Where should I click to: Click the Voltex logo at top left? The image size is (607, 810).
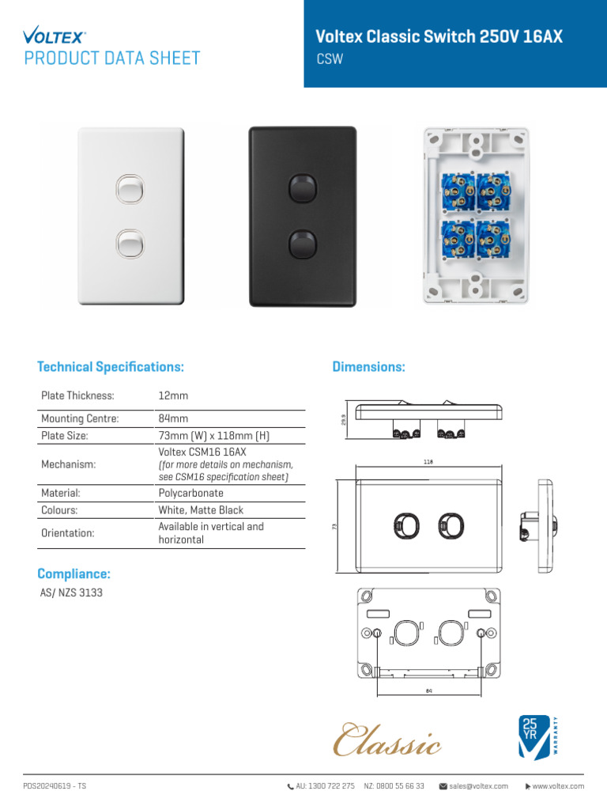coord(55,35)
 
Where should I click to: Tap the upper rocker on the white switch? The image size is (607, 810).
coord(128,189)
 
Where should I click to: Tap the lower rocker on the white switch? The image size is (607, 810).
coord(128,243)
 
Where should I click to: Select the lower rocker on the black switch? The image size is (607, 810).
coord(301,244)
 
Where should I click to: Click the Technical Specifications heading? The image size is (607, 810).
coord(111,367)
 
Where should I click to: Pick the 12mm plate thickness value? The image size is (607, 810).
coord(173,396)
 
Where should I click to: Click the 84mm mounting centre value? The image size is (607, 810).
coord(173,418)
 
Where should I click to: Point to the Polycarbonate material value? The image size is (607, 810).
coord(190,493)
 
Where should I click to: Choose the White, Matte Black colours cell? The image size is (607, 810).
coord(201,510)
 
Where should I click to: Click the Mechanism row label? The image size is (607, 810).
coord(68,464)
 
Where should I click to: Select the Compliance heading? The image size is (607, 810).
coord(74,573)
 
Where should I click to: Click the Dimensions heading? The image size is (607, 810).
coord(368,367)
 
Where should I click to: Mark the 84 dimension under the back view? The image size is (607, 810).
coord(429,690)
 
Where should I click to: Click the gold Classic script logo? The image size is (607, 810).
coord(387,739)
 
